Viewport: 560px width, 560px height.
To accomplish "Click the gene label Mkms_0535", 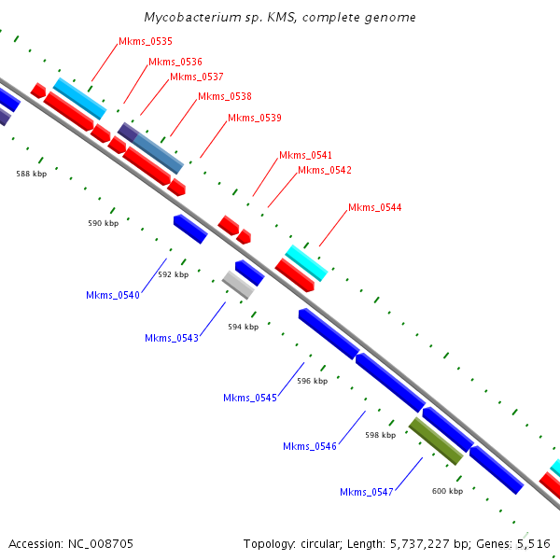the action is point(146,41).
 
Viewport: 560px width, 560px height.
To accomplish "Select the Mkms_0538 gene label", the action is point(225,96).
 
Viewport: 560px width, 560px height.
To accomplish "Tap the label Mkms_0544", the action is point(374,207).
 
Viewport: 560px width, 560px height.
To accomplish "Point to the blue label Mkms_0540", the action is point(113,295).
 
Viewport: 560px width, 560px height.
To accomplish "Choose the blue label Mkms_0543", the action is point(172,338).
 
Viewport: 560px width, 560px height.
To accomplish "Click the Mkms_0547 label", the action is point(367,492).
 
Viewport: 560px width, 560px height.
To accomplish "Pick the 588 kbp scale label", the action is point(32,174).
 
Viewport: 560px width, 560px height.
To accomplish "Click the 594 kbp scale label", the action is point(244,327).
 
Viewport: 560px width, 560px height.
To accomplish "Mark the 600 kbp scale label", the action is point(447,491).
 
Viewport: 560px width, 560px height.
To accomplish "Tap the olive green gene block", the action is point(436,441).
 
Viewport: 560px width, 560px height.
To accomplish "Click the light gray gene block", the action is point(238,285).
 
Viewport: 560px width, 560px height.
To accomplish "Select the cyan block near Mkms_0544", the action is point(306,263).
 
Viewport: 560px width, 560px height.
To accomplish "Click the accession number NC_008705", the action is point(101,544).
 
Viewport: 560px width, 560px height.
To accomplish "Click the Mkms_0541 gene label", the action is point(305,155).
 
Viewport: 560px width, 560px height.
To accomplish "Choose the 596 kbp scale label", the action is point(312,381).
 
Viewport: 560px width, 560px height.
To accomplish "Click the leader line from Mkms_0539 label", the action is point(214,139).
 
